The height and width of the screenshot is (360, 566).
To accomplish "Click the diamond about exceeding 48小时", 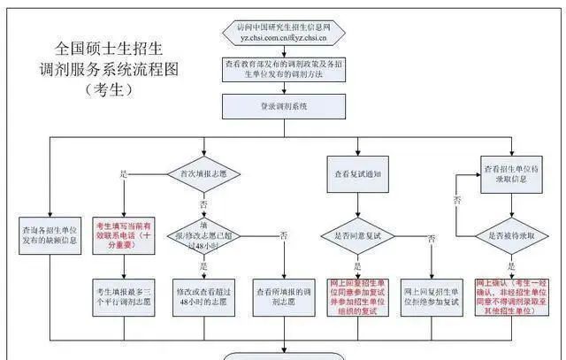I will click(206, 235).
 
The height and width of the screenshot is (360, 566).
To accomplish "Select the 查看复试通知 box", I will click(356, 174).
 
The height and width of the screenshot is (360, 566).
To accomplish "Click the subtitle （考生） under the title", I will click(107, 89).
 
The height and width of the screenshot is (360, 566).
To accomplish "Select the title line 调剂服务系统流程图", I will click(107, 70).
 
